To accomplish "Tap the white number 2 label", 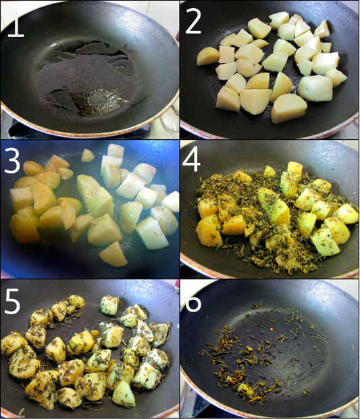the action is (x=192, y=22).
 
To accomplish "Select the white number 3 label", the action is (x=11, y=160).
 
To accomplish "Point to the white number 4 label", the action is (x=191, y=160).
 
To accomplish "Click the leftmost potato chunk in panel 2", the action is (x=207, y=56).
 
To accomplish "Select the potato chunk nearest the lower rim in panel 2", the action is (x=288, y=108).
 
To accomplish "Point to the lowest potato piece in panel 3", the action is (x=113, y=254).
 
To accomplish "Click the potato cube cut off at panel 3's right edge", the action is (x=172, y=202).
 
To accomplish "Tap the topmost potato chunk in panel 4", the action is (x=294, y=168).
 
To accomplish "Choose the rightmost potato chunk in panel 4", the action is (x=346, y=214).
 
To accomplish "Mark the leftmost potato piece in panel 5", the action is (x=13, y=344).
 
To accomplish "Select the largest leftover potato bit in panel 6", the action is (x=245, y=389).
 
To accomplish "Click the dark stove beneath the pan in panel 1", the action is (x=67, y=132).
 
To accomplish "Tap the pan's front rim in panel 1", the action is (x=88, y=131).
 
